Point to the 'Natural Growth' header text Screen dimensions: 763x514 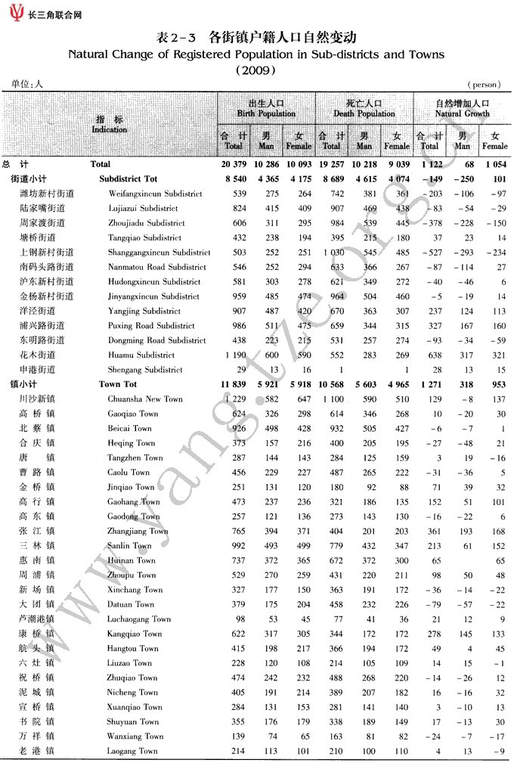click(462, 113)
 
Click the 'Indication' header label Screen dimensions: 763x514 click(110, 129)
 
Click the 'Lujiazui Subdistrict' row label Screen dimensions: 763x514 click(143, 208)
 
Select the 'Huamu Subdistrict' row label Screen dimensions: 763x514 click(141, 355)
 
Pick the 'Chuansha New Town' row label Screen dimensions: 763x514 click(145, 399)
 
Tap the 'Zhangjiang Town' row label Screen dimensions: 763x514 click(138, 531)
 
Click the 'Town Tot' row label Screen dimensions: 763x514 click(119, 384)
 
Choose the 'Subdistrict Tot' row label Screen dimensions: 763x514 click(128, 179)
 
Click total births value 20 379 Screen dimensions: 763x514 click(234, 164)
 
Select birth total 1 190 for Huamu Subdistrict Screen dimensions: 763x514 click(235, 355)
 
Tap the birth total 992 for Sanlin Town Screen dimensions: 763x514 click(238, 545)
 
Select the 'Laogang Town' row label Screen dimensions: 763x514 click(132, 751)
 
